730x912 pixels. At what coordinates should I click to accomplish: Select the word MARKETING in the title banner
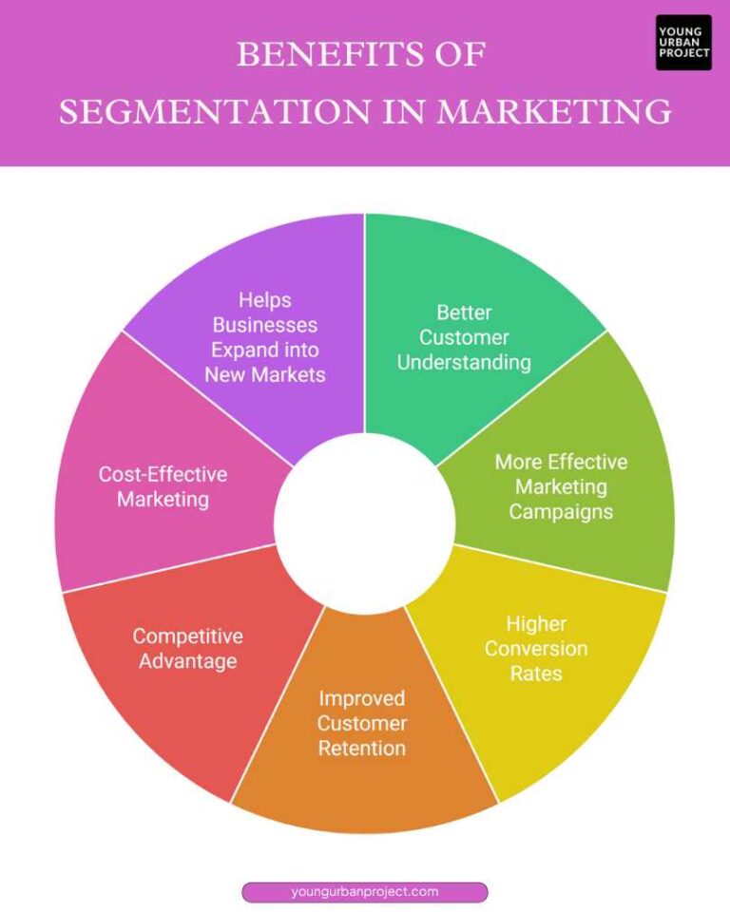coord(554,112)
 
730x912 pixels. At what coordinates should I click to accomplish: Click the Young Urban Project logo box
coord(683,43)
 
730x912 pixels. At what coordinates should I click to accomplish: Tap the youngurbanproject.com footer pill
coord(365,891)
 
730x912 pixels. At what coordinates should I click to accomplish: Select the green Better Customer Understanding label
coord(464,337)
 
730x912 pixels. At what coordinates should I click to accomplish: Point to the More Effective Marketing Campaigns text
coord(561,486)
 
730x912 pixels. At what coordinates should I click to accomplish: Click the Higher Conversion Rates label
coord(536,649)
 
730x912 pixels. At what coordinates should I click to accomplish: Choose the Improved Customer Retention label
coord(361,723)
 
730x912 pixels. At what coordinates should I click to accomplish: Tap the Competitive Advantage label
coord(187,648)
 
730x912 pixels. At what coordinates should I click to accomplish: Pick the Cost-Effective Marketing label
coord(163,485)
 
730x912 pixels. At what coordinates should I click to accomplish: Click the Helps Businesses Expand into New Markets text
coord(265,337)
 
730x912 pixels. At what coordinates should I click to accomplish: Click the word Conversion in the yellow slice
coord(536,649)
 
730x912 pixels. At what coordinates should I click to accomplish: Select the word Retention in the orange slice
coord(361,748)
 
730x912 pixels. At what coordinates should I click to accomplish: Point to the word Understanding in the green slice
coord(464,362)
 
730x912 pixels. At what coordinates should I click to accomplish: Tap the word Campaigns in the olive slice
coord(561,511)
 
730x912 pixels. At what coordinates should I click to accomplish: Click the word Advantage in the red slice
coord(187,660)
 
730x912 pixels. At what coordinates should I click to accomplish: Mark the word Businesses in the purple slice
coord(265,325)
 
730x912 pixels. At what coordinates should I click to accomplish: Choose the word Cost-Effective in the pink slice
coord(163,473)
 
